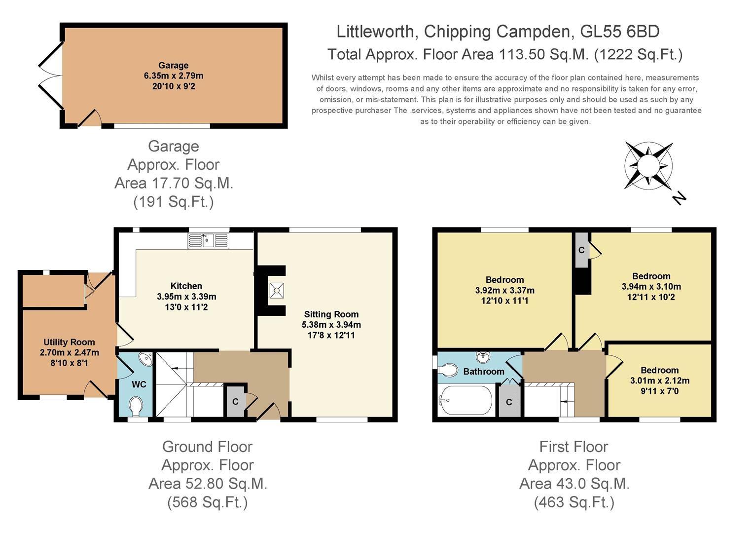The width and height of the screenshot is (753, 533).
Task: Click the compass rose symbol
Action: pos(648,165)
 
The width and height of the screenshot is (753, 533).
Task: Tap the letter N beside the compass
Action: pos(679,198)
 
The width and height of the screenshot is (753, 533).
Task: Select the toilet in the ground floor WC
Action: pos(136,406)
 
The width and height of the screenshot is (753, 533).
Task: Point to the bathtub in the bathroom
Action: pos(466,400)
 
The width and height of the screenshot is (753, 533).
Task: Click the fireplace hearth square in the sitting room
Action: pos(277,290)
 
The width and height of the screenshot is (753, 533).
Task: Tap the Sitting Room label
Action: pos(331,314)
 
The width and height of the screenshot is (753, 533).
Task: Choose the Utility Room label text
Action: pos(69,342)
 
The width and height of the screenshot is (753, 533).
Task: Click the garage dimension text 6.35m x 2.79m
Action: pos(174,76)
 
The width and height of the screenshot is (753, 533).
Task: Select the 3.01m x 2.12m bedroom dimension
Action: pos(659,381)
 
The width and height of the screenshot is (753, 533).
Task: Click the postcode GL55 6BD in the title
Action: pos(620,32)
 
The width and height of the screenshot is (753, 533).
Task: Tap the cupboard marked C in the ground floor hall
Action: pos(235,401)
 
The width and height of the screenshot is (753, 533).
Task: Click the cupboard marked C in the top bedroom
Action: pos(581,250)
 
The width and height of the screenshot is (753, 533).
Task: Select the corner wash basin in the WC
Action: pos(146,359)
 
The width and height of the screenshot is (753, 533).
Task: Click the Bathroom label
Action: pos(484,372)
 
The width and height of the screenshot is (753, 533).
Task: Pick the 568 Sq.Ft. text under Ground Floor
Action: pos(208,502)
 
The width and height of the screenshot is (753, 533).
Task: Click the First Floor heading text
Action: pos(574,447)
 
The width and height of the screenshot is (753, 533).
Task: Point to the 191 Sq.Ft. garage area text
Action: pos(174,202)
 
